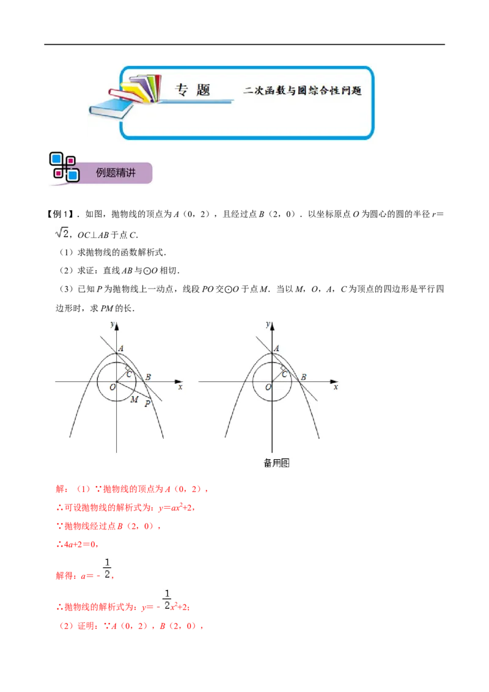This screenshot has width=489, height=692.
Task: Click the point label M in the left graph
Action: tap(134, 399)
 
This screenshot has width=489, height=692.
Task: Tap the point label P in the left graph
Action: tap(148, 404)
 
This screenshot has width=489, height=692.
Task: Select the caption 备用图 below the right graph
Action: tap(277, 463)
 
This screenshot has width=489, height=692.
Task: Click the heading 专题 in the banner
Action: tap(193, 90)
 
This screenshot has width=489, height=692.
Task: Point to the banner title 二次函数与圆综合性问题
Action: tap(303, 90)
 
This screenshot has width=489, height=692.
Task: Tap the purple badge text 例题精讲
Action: tap(116, 173)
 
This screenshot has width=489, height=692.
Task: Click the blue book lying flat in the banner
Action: tap(111, 109)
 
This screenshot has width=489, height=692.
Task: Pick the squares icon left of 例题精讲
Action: tap(64, 167)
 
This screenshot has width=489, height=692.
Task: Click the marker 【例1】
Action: tap(59, 215)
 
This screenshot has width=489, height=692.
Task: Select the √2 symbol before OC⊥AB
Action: tap(62, 232)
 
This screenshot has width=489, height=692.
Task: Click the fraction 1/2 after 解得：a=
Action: tap(107, 569)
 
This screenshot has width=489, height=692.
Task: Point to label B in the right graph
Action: tap(304, 377)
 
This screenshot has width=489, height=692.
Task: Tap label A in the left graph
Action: tap(121, 348)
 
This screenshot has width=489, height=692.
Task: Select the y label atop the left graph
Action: tap(112, 325)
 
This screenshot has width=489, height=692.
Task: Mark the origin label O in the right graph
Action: tap(268, 388)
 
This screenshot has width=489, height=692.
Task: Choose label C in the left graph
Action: tap(129, 374)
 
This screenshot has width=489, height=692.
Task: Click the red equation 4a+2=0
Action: tap(78, 544)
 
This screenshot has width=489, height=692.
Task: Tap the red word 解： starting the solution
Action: tap(62, 489)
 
